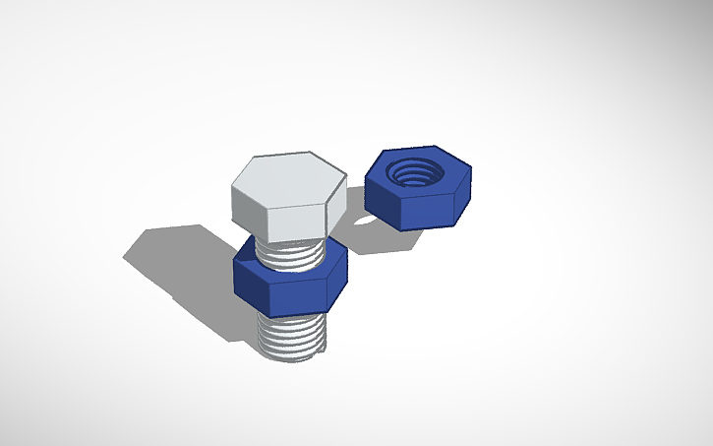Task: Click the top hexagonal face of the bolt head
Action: point(287,178)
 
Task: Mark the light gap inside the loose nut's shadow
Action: point(366,219)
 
